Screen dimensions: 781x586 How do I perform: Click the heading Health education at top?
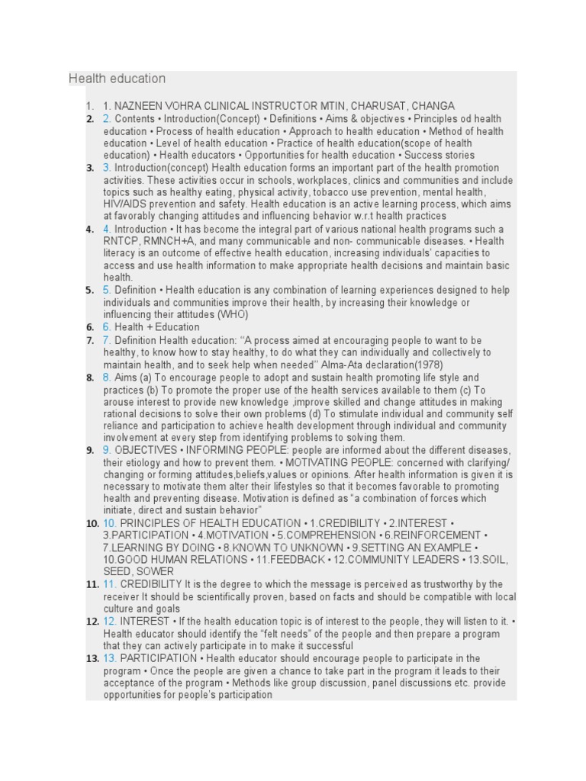117,79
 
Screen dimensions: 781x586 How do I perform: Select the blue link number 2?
107,118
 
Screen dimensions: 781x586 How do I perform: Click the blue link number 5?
107,290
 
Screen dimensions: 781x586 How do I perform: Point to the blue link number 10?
110,522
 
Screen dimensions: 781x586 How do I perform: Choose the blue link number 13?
110,657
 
